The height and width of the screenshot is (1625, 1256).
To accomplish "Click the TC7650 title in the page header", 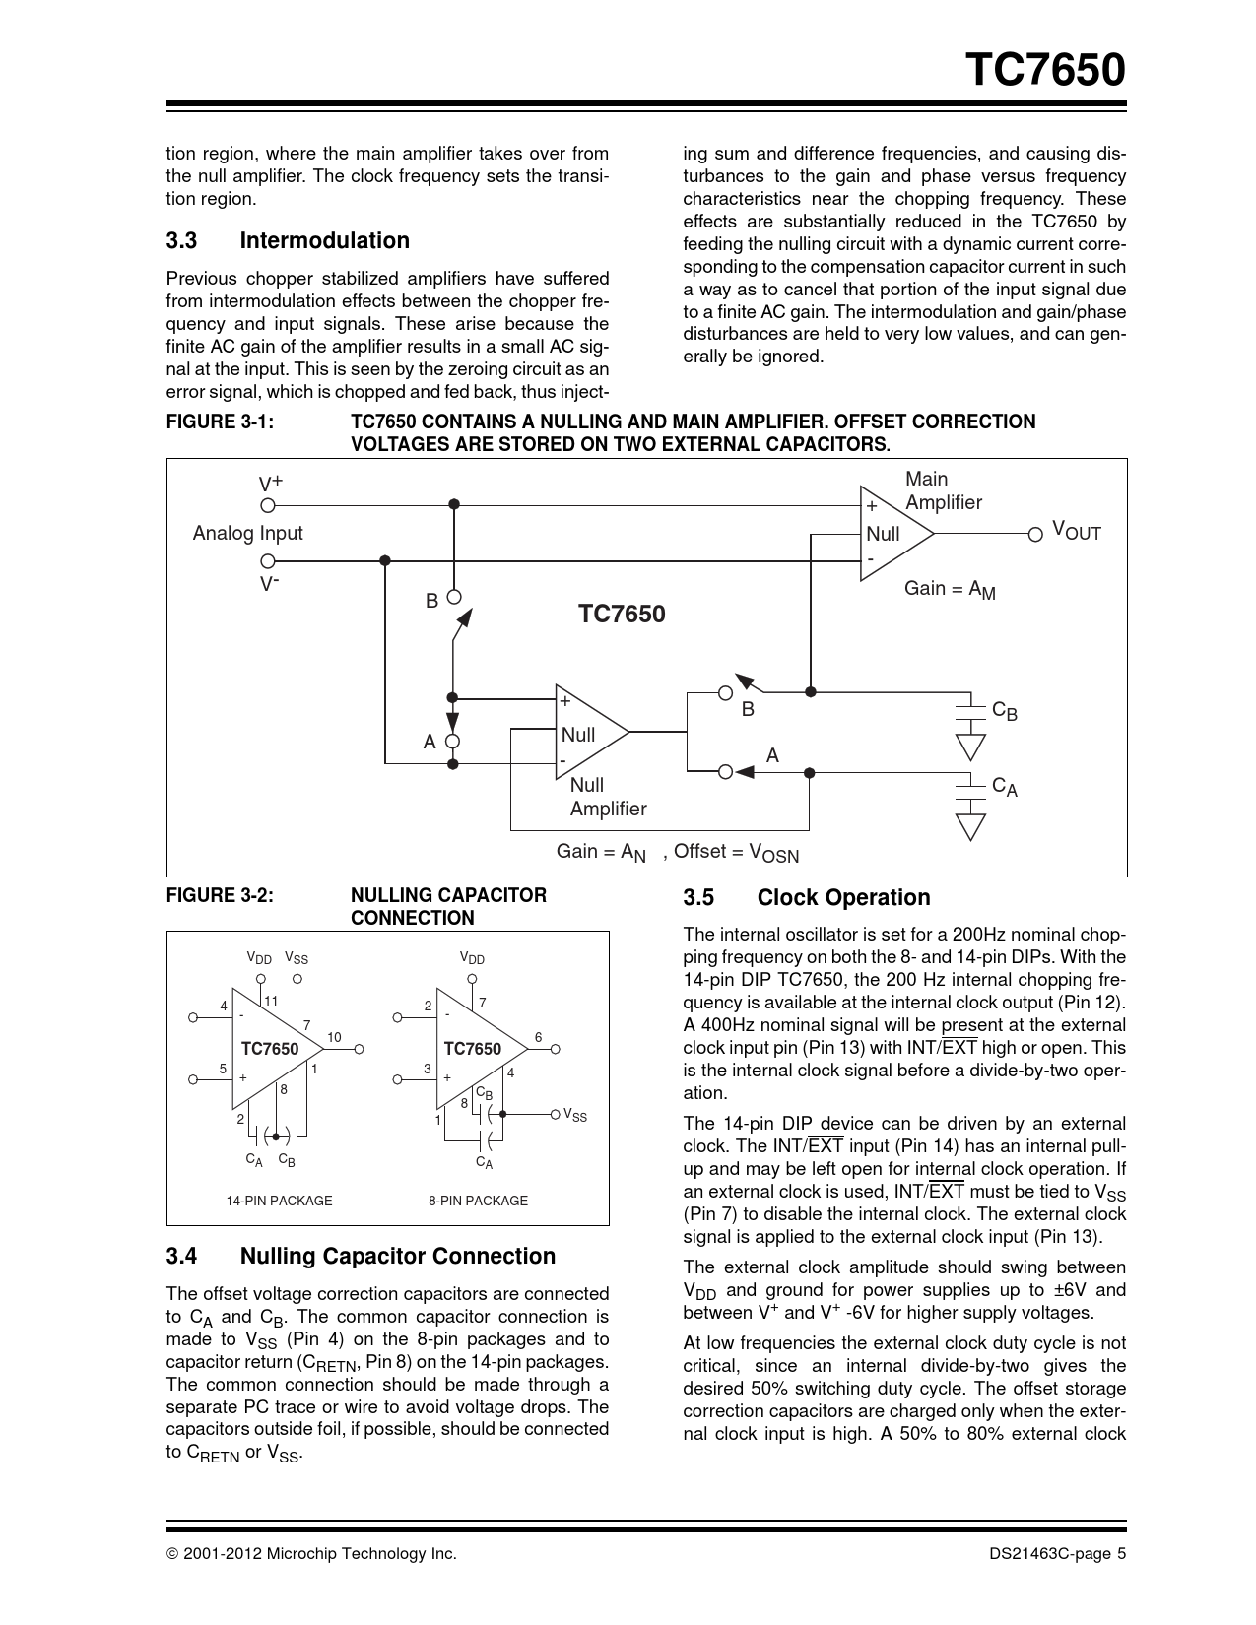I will click(x=1045, y=71).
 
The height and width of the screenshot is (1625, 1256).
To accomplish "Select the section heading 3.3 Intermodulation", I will click(x=288, y=241).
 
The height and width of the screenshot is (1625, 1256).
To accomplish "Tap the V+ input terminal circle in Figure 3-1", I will click(x=267, y=505).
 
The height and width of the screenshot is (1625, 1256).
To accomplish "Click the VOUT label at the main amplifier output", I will click(x=1076, y=532).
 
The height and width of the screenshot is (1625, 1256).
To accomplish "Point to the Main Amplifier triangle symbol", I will click(x=894, y=533).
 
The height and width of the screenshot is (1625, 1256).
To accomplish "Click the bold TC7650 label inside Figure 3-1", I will click(x=622, y=615).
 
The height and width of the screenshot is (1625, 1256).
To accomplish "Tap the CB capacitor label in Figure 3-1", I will click(x=1005, y=711).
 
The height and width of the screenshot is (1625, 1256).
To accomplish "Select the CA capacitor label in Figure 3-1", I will click(x=1005, y=787).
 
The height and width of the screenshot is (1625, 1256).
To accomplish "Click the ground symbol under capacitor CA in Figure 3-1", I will click(x=971, y=825).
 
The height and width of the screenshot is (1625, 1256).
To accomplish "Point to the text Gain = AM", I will click(x=950, y=589).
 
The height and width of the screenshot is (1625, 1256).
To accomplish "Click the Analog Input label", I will click(x=247, y=533).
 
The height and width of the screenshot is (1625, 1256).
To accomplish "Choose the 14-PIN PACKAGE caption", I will click(x=279, y=1201).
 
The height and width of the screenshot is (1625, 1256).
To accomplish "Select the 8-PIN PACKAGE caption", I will click(x=478, y=1201).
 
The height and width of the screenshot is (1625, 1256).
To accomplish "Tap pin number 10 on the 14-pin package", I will click(x=334, y=1037).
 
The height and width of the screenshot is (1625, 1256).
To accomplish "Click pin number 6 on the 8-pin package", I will click(x=539, y=1037).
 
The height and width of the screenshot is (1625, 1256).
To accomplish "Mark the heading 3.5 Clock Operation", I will click(x=807, y=898).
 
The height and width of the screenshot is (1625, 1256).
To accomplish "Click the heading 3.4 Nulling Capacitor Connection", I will click(x=361, y=1257).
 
